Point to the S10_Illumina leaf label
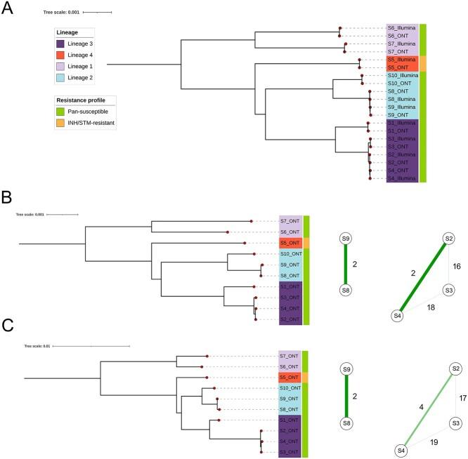[403, 75]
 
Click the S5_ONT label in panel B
[290, 244]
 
